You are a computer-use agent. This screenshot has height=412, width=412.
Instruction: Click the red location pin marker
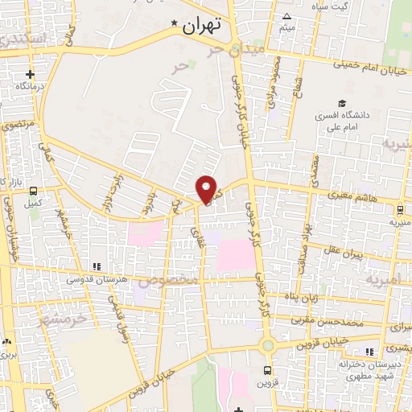coord(208,189)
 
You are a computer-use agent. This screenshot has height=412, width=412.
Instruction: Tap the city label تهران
coord(201,26)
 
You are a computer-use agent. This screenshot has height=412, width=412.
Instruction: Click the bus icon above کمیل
coord(34,192)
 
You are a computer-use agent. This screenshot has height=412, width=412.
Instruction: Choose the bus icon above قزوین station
coord(269,370)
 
